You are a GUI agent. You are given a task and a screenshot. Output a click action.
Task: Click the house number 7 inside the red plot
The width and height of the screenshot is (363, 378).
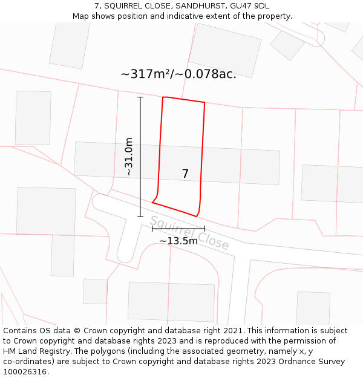point(185,174)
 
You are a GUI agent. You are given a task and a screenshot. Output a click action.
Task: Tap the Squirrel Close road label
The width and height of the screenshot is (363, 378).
point(189,233)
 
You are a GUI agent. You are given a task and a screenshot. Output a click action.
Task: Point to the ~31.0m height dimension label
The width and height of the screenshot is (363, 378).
point(128,157)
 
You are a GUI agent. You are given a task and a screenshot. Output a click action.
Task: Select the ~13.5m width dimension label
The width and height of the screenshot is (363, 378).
point(178,241)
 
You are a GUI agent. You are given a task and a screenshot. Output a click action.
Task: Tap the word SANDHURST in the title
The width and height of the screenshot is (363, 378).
point(200,6)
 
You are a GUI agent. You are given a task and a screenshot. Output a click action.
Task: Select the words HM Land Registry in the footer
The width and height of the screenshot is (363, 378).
point(33,351)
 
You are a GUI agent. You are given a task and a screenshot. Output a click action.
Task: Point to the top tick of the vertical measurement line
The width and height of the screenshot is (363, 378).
point(140,97)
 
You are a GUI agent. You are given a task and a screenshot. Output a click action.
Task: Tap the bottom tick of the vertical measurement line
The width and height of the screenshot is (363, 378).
point(140,217)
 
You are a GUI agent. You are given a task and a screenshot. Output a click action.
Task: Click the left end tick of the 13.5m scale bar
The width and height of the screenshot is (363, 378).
point(152,229)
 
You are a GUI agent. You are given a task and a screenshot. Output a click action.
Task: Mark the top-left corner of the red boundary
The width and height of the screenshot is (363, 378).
point(163,97)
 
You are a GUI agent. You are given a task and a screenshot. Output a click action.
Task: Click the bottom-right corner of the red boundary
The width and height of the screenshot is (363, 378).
point(196,216)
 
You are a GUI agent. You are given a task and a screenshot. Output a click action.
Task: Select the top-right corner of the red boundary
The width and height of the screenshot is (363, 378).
point(204,103)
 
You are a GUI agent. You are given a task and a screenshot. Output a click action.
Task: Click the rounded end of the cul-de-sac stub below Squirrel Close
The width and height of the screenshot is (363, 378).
point(125,256)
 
